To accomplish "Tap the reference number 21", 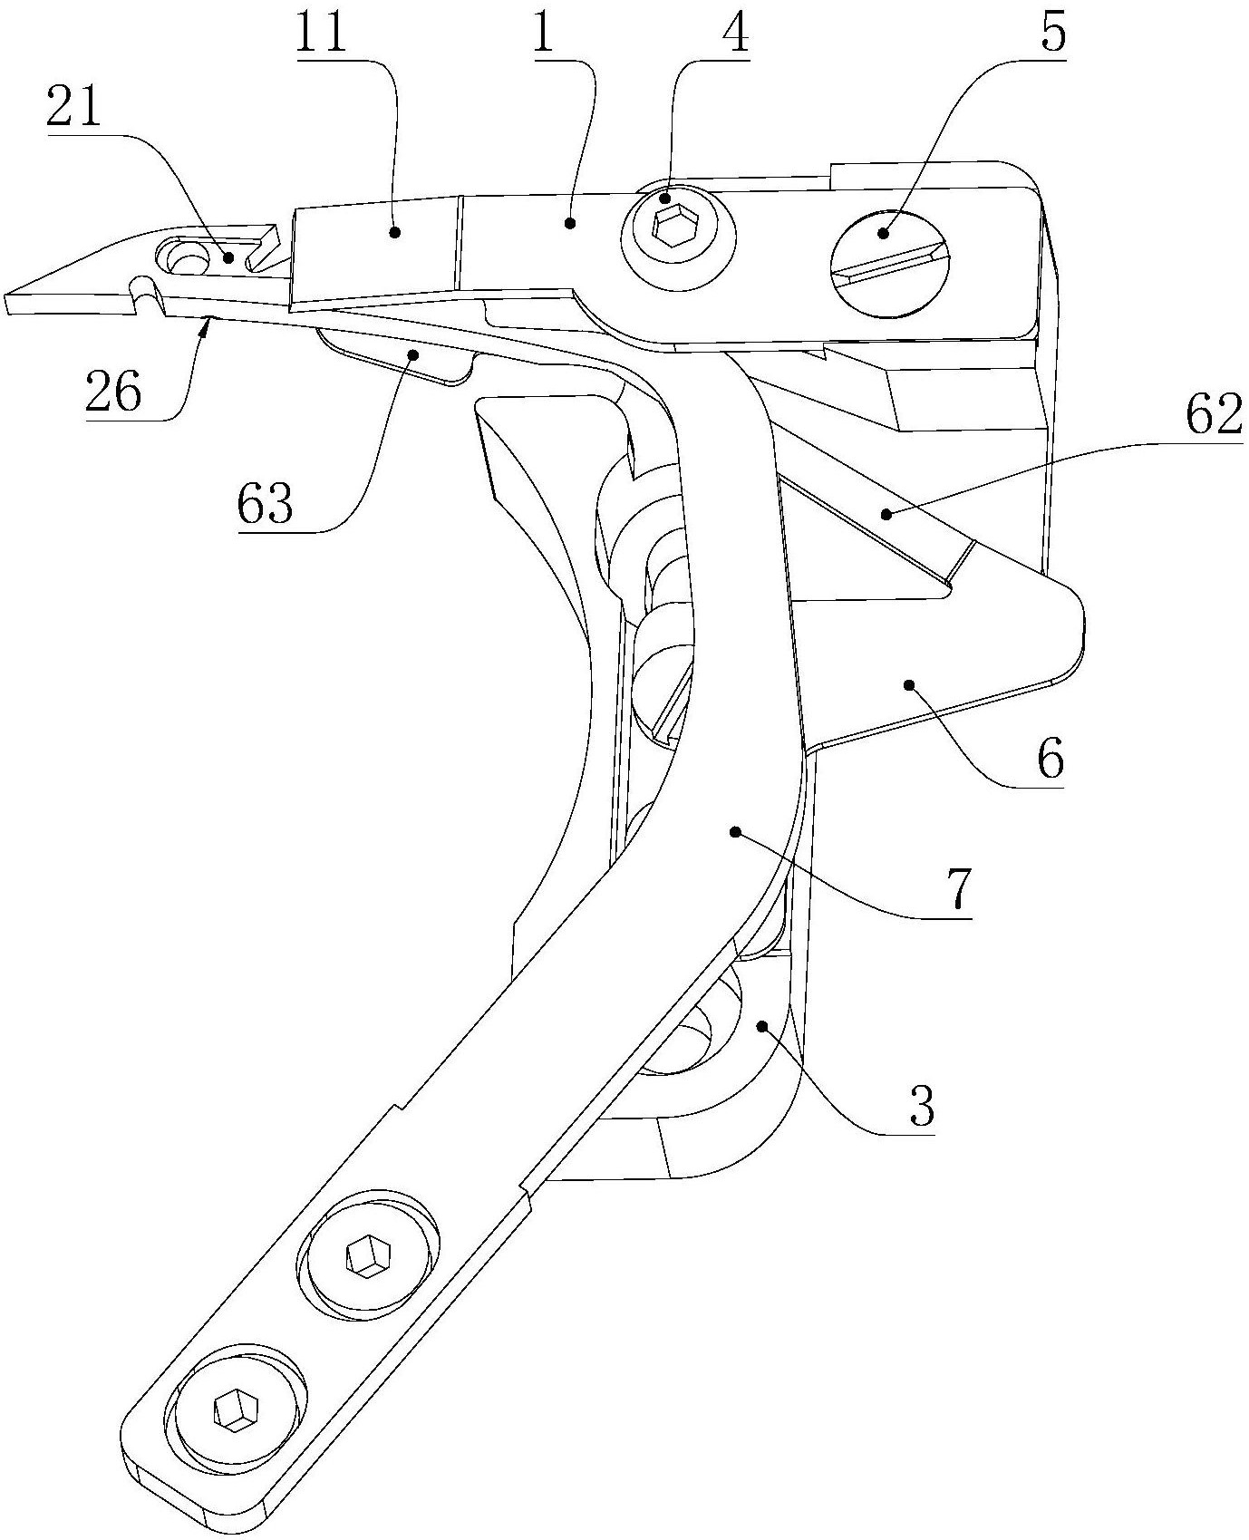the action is point(75,111).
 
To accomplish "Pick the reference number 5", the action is point(1050,34).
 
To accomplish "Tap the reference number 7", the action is point(957,894).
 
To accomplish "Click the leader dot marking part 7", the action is point(735,830).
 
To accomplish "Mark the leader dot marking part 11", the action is point(395,232).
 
